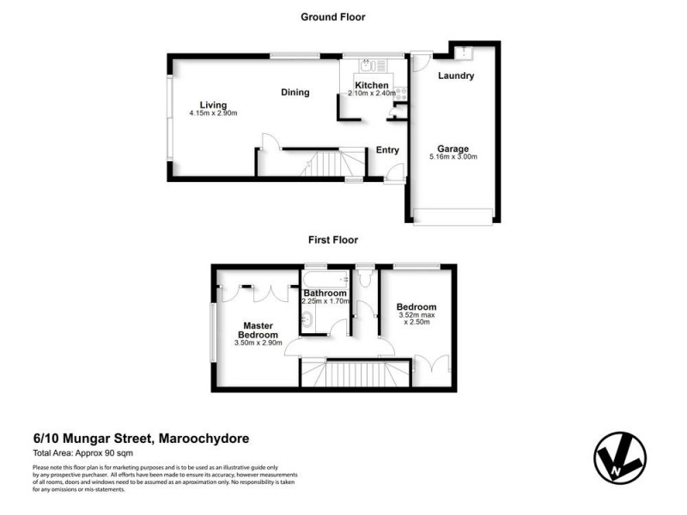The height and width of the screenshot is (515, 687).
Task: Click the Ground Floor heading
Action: pos(332,16)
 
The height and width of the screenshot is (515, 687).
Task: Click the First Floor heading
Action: pos(332,240)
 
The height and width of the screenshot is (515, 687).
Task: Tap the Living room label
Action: pos(213,105)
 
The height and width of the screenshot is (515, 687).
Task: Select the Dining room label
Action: pos(295,93)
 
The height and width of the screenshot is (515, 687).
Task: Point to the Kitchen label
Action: pos(372,85)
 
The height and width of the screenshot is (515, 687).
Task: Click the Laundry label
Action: pos(456,76)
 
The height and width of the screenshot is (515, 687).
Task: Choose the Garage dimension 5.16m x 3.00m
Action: pos(453,157)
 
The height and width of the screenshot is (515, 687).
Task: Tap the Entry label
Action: pos(387,150)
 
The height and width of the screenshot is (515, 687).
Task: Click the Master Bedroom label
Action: pos(258,330)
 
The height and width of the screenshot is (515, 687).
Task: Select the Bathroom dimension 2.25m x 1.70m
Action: pos(325,302)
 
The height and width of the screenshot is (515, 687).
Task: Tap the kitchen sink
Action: pos(366,64)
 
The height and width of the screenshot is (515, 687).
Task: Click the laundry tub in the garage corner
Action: pos(462,51)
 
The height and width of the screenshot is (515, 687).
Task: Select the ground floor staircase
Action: pos(326,162)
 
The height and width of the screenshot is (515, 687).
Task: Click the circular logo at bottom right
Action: pos(619,455)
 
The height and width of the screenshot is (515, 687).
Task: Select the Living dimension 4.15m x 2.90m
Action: pos(213,114)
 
